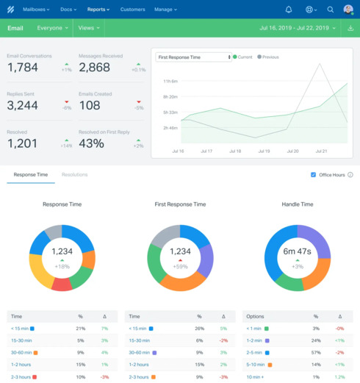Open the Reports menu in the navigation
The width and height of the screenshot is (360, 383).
click(98, 10)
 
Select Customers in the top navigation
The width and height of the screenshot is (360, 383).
click(132, 10)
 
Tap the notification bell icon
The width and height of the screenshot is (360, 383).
click(289, 10)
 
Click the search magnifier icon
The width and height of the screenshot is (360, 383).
click(330, 10)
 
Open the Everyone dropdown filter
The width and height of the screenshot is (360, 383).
click(53, 28)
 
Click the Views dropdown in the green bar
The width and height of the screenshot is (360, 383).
click(88, 28)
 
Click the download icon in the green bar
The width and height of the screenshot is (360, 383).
click(350, 28)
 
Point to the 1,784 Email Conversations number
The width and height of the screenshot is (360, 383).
click(22, 67)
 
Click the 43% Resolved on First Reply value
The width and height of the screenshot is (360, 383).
click(91, 143)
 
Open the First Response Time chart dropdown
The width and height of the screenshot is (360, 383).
click(194, 57)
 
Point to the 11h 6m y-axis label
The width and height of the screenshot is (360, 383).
click(170, 81)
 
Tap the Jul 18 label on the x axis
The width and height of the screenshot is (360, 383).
click(234, 151)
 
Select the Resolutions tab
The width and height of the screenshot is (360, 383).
click(75, 175)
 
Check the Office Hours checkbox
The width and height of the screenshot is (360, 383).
click(314, 175)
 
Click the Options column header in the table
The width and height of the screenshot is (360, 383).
click(256, 315)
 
